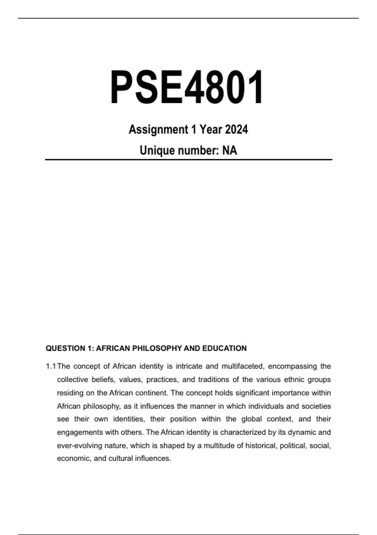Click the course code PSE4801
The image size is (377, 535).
187,87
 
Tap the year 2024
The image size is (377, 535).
236,129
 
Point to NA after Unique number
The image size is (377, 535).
230,150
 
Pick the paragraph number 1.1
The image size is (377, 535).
51,366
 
